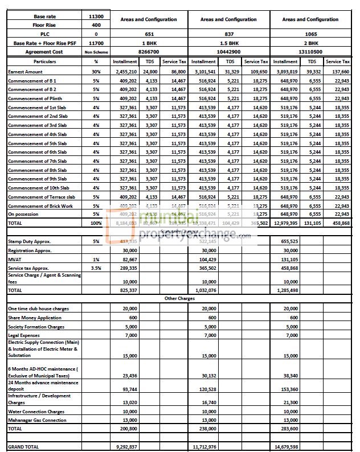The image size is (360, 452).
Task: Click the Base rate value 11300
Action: [96, 17]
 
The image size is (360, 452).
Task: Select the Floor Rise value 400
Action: [96, 26]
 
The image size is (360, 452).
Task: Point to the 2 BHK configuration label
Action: [310, 43]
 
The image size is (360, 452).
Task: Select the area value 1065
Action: [310, 34]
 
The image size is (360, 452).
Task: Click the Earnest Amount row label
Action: [25, 72]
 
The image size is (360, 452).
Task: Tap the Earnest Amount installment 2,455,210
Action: [126, 72]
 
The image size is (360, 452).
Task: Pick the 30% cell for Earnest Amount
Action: [96, 72]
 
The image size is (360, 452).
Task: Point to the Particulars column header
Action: [44, 61]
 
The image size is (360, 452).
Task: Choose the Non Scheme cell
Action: [96, 52]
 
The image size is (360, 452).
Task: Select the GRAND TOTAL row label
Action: [23, 447]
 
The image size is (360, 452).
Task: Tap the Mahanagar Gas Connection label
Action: [37, 420]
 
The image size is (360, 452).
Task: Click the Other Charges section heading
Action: [179, 298]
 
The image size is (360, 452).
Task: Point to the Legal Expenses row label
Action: [24, 335]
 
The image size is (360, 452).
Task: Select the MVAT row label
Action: [15, 259]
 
